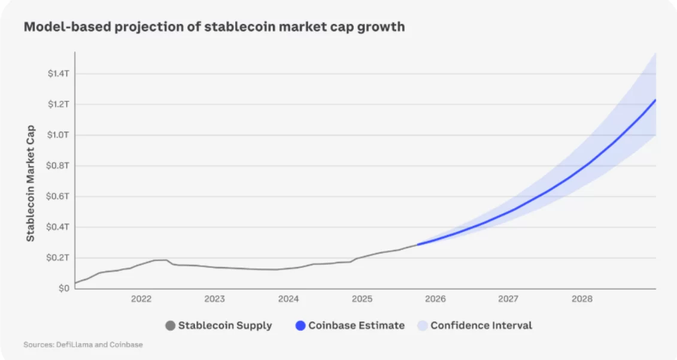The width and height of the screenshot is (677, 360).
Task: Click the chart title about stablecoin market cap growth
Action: (x=214, y=27)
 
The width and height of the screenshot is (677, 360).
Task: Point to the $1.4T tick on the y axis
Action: (x=59, y=74)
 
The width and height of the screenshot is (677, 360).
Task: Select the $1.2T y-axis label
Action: (x=59, y=104)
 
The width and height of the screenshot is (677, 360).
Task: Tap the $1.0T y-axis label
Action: (x=59, y=135)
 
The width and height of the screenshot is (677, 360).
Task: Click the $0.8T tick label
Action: (x=59, y=165)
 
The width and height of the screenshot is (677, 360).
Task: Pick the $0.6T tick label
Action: (x=59, y=196)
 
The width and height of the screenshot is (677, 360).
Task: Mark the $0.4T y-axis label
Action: (x=59, y=227)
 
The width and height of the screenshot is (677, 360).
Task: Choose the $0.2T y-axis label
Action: (x=59, y=258)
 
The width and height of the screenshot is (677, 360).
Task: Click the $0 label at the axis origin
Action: (x=63, y=288)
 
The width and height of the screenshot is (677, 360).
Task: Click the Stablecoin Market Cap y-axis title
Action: (x=31, y=183)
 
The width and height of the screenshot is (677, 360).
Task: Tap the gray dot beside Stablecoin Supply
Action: (x=170, y=326)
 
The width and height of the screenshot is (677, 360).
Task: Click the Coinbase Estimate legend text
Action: (x=356, y=326)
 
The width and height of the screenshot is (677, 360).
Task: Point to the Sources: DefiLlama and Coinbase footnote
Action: (x=83, y=344)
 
